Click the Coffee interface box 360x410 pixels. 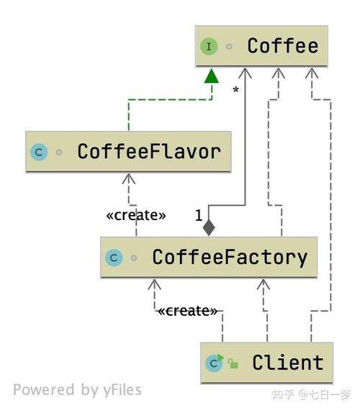coord(261,46)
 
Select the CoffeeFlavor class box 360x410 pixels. coord(128,152)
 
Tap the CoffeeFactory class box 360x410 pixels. coord(209,258)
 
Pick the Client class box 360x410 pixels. coord(267,363)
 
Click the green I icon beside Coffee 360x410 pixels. coord(209,47)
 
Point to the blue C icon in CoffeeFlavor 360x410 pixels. coord(39,152)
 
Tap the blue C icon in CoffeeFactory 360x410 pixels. coord(114,258)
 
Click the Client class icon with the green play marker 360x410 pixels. coord(215,363)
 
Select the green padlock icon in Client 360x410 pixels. coord(233,363)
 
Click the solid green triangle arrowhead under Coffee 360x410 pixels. coord(212,76)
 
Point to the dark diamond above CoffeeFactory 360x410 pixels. coord(209,228)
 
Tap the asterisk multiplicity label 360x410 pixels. coord(235,90)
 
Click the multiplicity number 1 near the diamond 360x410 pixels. coord(199,216)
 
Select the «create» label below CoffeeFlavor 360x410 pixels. coord(136,216)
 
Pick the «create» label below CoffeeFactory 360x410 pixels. coord(187,311)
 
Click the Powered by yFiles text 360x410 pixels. coord(78,390)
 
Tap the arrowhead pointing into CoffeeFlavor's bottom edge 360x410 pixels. coord(129,178)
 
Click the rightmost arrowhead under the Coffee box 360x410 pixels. coord(312,73)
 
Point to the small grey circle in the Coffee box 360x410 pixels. coord(229,47)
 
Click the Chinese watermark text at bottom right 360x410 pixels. coord(311,395)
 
